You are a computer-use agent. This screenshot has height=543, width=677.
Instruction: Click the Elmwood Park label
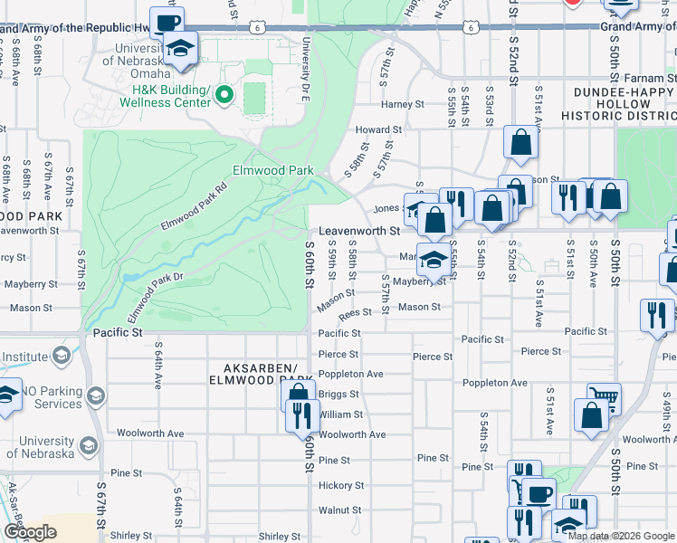(x=272, y=170)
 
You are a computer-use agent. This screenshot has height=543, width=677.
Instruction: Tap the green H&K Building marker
(x=224, y=93)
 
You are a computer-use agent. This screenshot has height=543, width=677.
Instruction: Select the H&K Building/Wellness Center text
(x=172, y=96)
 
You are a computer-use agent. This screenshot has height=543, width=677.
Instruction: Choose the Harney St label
(x=402, y=105)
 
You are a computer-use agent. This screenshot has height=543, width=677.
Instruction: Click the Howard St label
(x=377, y=130)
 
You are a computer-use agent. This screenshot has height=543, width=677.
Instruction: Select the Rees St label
(x=355, y=314)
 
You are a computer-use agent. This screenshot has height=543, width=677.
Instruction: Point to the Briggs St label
(x=339, y=395)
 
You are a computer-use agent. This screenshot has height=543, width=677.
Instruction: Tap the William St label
(x=341, y=414)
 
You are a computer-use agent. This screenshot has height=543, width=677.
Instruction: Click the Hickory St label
(x=340, y=486)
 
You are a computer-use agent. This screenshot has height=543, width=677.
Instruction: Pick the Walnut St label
(x=340, y=510)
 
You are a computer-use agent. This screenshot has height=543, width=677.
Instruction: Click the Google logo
(x=30, y=531)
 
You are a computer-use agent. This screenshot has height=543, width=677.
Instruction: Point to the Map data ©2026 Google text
(x=620, y=536)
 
